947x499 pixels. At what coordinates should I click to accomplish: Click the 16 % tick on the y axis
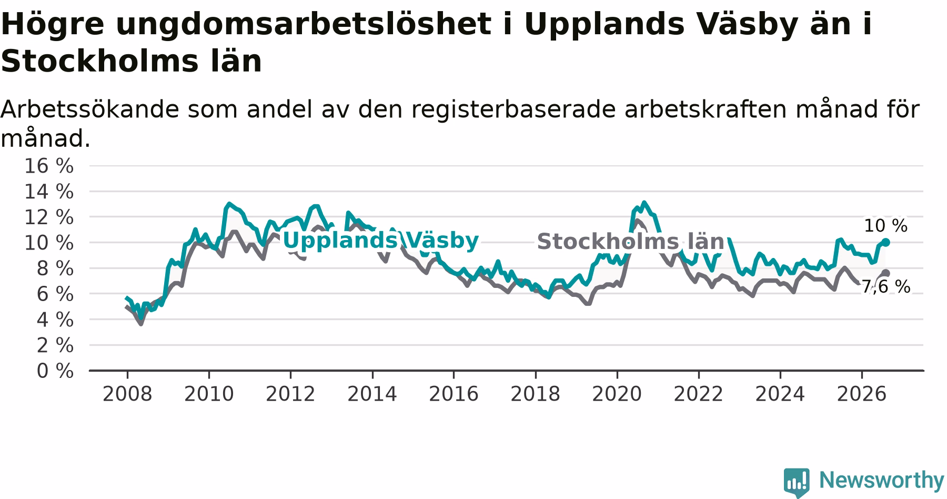coord(49,166)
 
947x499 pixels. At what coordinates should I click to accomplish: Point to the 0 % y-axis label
coord(55,371)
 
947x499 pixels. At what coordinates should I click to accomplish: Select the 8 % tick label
coord(55,268)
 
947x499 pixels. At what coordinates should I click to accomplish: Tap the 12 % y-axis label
coord(49,217)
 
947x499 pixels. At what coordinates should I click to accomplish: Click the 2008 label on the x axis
coord(127,394)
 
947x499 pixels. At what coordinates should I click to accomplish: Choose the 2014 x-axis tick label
coord(372,394)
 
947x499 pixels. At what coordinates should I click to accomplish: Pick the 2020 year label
coord(617,394)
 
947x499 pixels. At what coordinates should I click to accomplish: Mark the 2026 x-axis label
coord(862,394)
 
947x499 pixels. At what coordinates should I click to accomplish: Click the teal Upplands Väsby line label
coord(381,241)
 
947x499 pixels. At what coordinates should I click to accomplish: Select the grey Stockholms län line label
coord(630,242)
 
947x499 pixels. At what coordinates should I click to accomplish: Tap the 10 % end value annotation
coord(885,226)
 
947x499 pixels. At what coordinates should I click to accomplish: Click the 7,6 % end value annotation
coord(885,287)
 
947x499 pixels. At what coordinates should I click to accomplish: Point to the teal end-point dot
coord(886,242)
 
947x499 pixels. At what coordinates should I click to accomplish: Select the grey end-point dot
coord(886,273)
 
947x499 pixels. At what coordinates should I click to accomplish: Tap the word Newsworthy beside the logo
coord(882,480)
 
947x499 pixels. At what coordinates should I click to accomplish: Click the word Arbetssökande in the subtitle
coord(89,109)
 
